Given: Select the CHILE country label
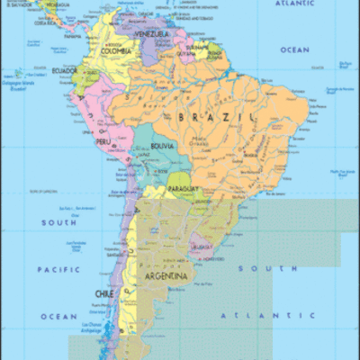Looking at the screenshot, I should [x=104, y=294].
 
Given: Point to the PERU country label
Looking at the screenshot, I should [x=103, y=141].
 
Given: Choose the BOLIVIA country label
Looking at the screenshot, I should [x=162, y=145].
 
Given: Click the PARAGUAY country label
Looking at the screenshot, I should [x=182, y=190].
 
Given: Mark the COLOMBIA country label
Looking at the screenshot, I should [x=116, y=50].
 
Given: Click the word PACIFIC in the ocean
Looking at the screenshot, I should [x=59, y=269].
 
